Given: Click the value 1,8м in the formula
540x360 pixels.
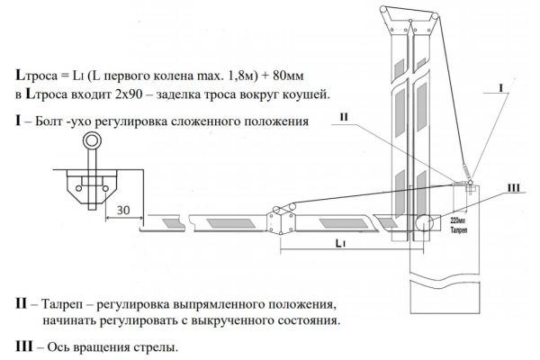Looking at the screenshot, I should pyautogui.click(x=219, y=77).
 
